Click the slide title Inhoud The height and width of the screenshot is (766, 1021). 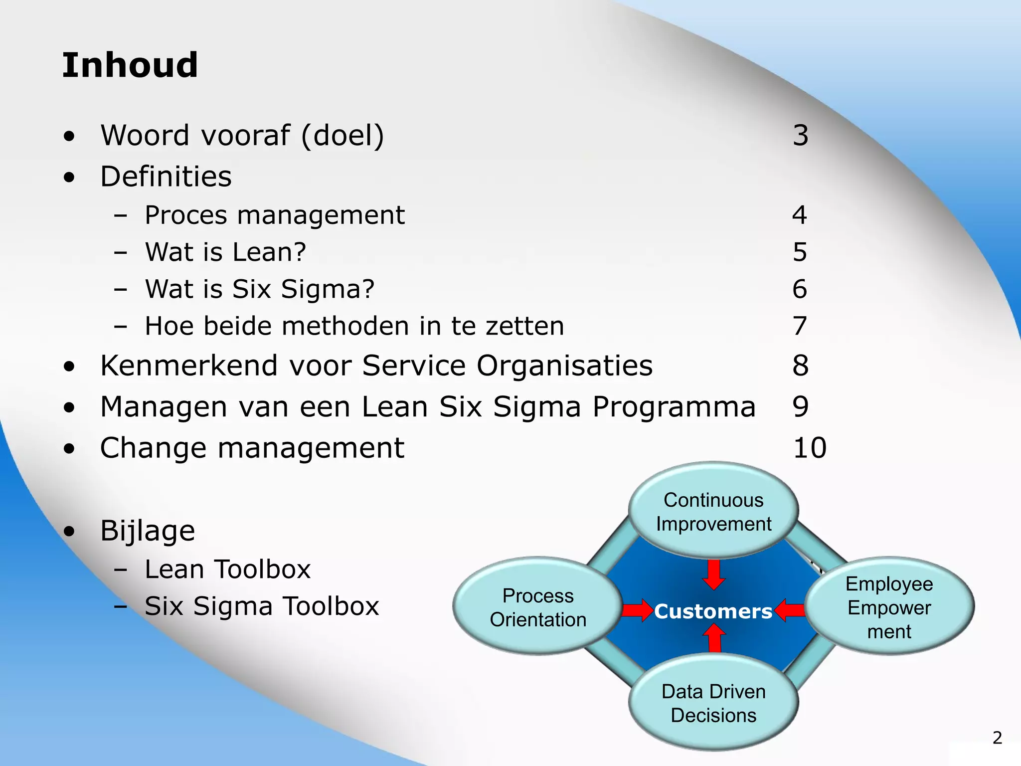[130, 65]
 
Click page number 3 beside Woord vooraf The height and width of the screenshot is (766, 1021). [800, 136]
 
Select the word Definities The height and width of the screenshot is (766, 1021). [166, 177]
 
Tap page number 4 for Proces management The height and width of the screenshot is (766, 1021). [800, 215]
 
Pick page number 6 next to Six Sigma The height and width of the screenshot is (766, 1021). [800, 289]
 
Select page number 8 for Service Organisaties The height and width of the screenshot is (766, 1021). [800, 366]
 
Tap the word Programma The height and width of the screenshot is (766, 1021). [674, 406]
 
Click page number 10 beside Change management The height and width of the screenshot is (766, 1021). [810, 448]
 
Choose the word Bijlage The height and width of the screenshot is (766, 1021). [148, 531]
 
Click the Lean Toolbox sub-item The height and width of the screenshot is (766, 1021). [227, 570]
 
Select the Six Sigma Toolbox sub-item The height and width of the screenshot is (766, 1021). [262, 606]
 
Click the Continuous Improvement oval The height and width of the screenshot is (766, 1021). [713, 511]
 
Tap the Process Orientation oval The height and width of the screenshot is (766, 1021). [538, 606]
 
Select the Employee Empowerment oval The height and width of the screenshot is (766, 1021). [889, 606]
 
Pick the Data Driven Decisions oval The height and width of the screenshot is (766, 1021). [713, 703]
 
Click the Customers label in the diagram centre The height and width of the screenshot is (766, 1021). [713, 611]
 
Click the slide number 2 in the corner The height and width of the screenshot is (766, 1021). [997, 738]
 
